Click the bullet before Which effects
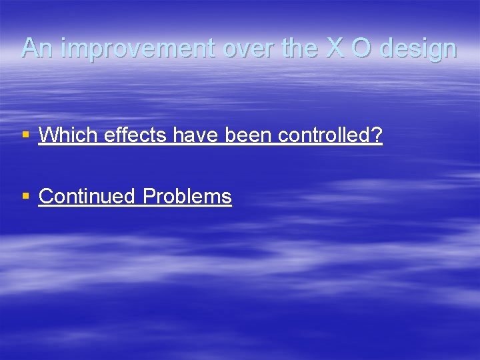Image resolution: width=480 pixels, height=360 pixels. pyautogui.click(x=25, y=135)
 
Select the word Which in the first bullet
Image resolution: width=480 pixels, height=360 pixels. pyautogui.click(x=67, y=135)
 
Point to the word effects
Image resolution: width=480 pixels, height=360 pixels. pyautogui.click(x=135, y=135)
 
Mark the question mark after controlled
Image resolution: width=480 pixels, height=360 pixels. pyautogui.click(x=378, y=135)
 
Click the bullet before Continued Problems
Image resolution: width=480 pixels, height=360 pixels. pyautogui.click(x=25, y=197)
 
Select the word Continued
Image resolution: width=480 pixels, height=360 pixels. pyautogui.click(x=88, y=197)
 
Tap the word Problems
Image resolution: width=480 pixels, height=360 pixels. pyautogui.click(x=187, y=197)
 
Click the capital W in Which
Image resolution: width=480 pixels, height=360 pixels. pyautogui.click(x=47, y=135)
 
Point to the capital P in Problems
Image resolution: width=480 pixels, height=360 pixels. pyautogui.click(x=149, y=197)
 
